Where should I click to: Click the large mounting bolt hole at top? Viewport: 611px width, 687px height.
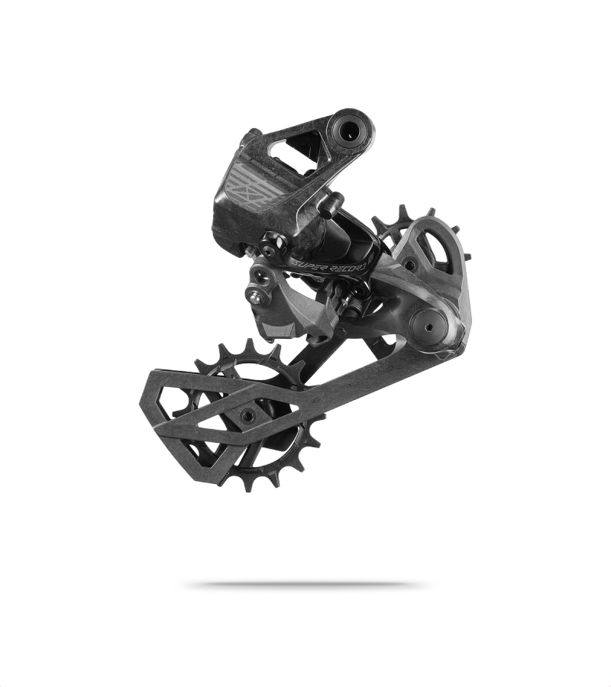click(x=349, y=130)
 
